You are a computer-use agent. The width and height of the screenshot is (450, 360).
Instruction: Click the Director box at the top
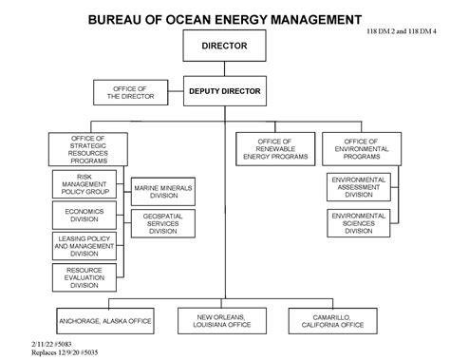click(224, 45)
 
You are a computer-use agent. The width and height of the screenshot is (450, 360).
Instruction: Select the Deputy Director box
click(224, 91)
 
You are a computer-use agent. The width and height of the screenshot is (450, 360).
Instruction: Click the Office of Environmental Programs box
click(357, 147)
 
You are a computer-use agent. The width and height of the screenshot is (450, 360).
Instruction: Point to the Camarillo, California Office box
click(338, 319)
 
